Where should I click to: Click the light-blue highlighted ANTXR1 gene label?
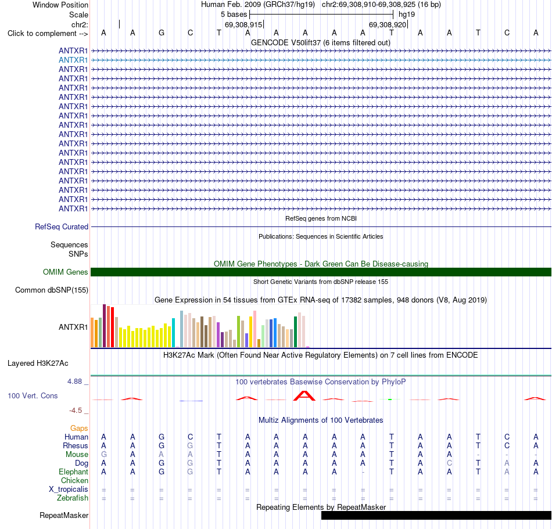click(x=73, y=60)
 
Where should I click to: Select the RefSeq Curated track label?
click(x=61, y=227)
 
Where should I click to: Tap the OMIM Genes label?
click(x=65, y=272)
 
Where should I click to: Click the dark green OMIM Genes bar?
click(x=321, y=272)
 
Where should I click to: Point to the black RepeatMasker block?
click(x=436, y=515)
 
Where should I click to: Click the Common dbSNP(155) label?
click(x=51, y=290)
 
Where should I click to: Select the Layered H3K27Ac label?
click(x=38, y=364)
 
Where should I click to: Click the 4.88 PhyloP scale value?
click(x=74, y=382)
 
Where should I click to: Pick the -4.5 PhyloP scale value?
click(x=76, y=411)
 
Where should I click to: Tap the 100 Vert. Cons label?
click(x=33, y=395)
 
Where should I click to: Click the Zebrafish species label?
click(x=73, y=498)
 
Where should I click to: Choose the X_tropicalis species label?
click(x=69, y=490)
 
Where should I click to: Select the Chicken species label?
click(x=74, y=480)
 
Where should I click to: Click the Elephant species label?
click(x=73, y=472)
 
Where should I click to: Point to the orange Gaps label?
click(x=79, y=428)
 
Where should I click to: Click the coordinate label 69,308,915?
click(x=243, y=24)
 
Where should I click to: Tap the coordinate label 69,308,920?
click(x=387, y=24)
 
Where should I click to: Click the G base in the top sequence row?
click(x=161, y=33)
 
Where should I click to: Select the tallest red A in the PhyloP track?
click(x=304, y=395)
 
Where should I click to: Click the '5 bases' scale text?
click(x=234, y=15)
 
